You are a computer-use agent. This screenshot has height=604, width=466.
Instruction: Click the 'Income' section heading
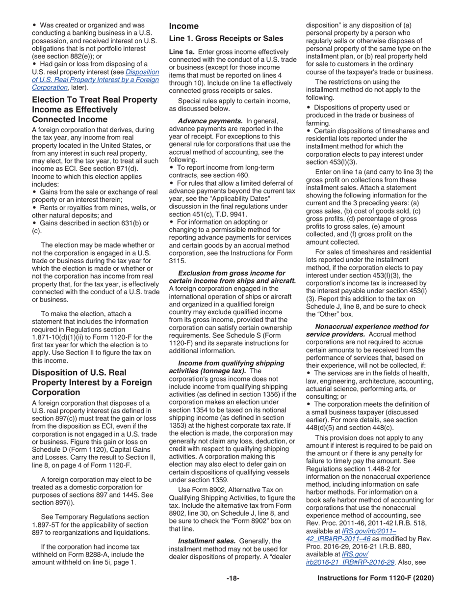[183, 26]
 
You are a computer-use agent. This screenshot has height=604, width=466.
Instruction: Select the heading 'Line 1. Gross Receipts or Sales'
[226, 39]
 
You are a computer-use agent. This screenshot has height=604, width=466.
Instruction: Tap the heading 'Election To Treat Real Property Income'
[95, 100]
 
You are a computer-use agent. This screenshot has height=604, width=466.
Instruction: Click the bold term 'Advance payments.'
[210, 121]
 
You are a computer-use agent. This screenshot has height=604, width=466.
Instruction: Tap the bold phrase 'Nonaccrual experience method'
[372, 326]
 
